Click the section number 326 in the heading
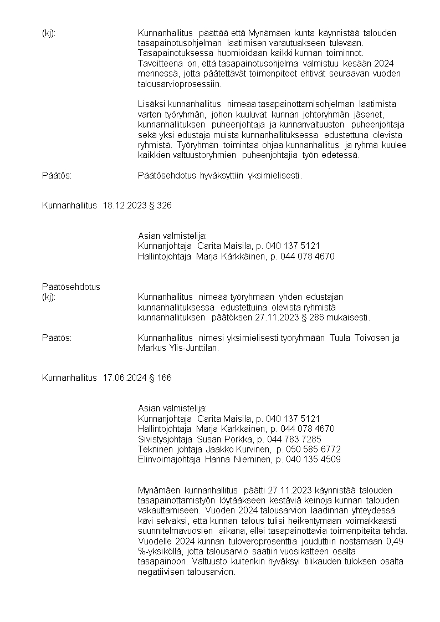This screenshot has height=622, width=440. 165,206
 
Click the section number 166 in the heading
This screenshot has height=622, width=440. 165,378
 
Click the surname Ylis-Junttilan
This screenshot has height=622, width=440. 192,348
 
